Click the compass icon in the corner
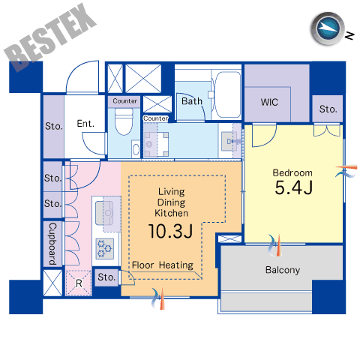click(328, 28)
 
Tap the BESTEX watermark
click(50, 37)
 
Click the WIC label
click(269, 102)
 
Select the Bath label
click(192, 101)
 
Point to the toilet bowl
click(124, 121)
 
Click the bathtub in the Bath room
click(227, 94)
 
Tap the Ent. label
click(85, 124)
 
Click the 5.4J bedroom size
click(294, 187)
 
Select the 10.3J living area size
click(171, 231)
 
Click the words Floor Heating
click(163, 265)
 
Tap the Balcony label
click(283, 270)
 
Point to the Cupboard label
click(52, 244)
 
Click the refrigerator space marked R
click(79, 283)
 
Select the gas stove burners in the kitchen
click(104, 248)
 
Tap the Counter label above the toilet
click(125, 101)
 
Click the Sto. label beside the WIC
click(328, 109)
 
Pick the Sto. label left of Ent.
click(54, 126)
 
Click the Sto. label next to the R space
click(106, 277)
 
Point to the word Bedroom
click(292, 173)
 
